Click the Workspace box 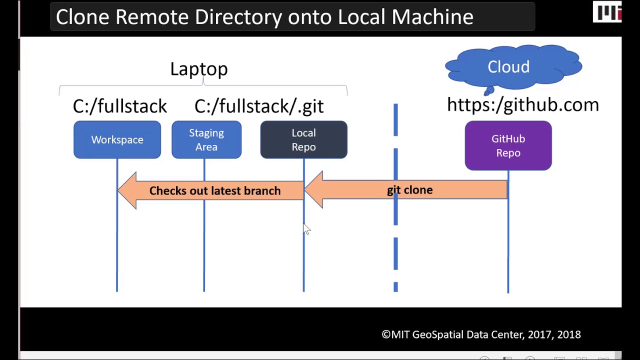(117, 140)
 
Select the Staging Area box (206, 140)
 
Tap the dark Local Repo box (303, 140)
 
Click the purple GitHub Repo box (508, 146)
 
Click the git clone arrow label (409, 190)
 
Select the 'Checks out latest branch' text (214, 191)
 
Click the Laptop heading (198, 69)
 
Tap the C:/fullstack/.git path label (259, 106)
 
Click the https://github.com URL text (522, 105)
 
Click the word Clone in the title (82, 17)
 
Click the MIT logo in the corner (606, 12)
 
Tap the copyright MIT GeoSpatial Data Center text (480, 334)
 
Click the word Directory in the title (239, 17)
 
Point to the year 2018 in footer (569, 334)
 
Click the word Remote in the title (152, 17)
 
